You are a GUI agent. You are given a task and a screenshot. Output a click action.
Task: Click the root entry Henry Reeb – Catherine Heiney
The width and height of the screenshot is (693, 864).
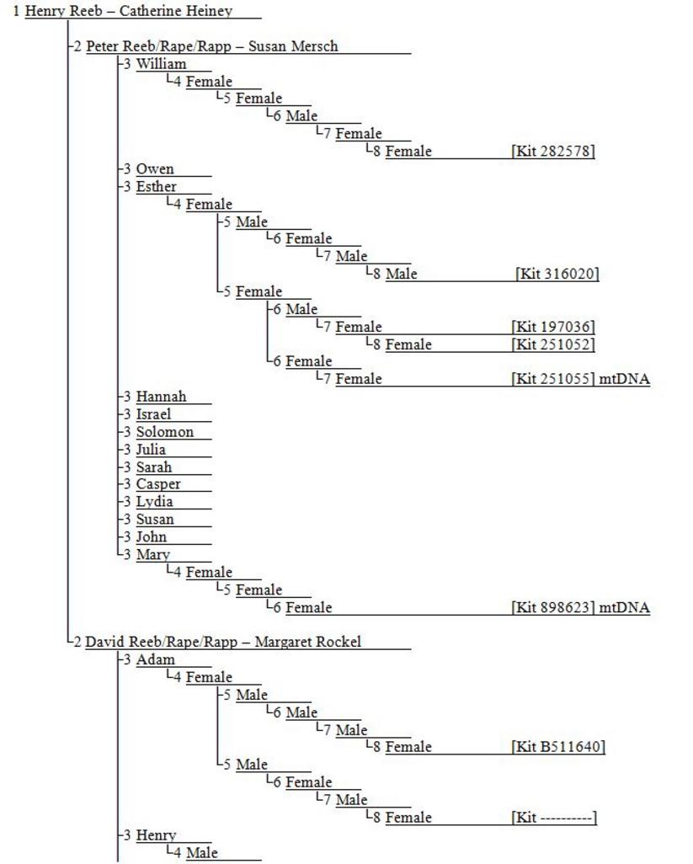[x=128, y=11]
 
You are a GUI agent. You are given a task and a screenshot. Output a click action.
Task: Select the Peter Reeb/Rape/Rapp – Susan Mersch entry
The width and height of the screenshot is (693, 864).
[x=211, y=46]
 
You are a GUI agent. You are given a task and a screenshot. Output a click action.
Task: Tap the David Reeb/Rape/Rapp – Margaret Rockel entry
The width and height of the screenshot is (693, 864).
[x=223, y=642]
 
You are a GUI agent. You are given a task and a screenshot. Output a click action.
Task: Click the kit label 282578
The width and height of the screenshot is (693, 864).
[x=553, y=152]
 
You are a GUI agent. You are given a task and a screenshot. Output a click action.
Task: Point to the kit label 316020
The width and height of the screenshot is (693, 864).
[x=557, y=274]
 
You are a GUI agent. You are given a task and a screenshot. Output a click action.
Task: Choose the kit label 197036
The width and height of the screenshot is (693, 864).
[x=553, y=327]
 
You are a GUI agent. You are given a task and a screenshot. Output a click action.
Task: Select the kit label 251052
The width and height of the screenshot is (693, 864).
[x=553, y=344]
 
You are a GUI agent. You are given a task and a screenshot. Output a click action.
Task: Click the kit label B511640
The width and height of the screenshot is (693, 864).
[x=558, y=747]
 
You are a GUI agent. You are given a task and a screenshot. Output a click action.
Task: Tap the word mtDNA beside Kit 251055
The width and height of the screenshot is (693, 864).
[x=624, y=379]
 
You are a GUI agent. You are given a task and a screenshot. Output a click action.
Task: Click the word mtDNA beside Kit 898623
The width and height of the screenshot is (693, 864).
[x=624, y=608]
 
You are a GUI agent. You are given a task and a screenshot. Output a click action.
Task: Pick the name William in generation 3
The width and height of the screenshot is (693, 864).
[x=161, y=64]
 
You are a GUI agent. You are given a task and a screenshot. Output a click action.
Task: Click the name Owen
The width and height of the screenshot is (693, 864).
[x=155, y=169]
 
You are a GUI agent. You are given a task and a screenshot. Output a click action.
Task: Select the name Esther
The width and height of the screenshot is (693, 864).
[x=156, y=187]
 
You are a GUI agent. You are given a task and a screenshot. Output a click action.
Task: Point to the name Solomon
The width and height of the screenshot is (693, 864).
[x=165, y=432]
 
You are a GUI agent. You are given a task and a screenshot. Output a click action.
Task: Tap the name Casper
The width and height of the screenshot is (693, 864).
[x=158, y=484]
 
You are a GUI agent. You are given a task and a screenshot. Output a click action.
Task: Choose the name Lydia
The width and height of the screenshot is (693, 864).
[x=154, y=502]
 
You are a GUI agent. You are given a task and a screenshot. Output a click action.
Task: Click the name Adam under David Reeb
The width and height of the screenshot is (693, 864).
[x=155, y=659]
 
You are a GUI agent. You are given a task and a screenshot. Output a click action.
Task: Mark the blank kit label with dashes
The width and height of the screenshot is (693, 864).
[x=553, y=818]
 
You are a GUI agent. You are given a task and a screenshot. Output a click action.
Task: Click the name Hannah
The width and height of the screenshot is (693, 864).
[x=161, y=397]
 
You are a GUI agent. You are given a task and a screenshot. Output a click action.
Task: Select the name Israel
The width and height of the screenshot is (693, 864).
[x=153, y=414]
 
